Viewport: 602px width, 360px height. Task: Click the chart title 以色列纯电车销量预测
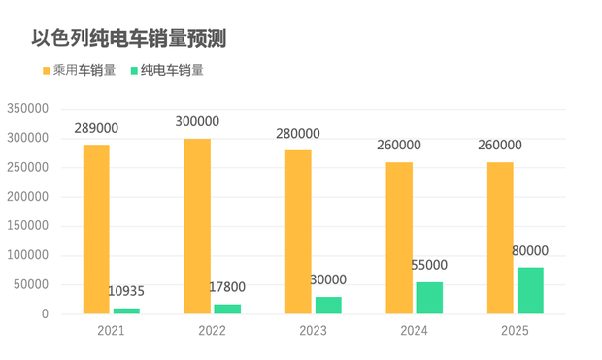129,39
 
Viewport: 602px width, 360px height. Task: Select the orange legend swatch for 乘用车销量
46,71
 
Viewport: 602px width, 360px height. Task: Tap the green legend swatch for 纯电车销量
132,71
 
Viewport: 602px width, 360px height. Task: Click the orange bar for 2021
96,229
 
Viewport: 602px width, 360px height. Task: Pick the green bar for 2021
126,311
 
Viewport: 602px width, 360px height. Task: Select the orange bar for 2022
197,226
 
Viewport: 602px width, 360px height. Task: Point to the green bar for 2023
328,305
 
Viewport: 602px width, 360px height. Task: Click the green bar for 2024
429,298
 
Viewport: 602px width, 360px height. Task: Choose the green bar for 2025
530,290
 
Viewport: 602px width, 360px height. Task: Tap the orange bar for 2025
500,238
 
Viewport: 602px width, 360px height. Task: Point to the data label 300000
197,122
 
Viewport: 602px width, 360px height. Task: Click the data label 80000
530,250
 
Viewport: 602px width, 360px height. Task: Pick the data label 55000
429,265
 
